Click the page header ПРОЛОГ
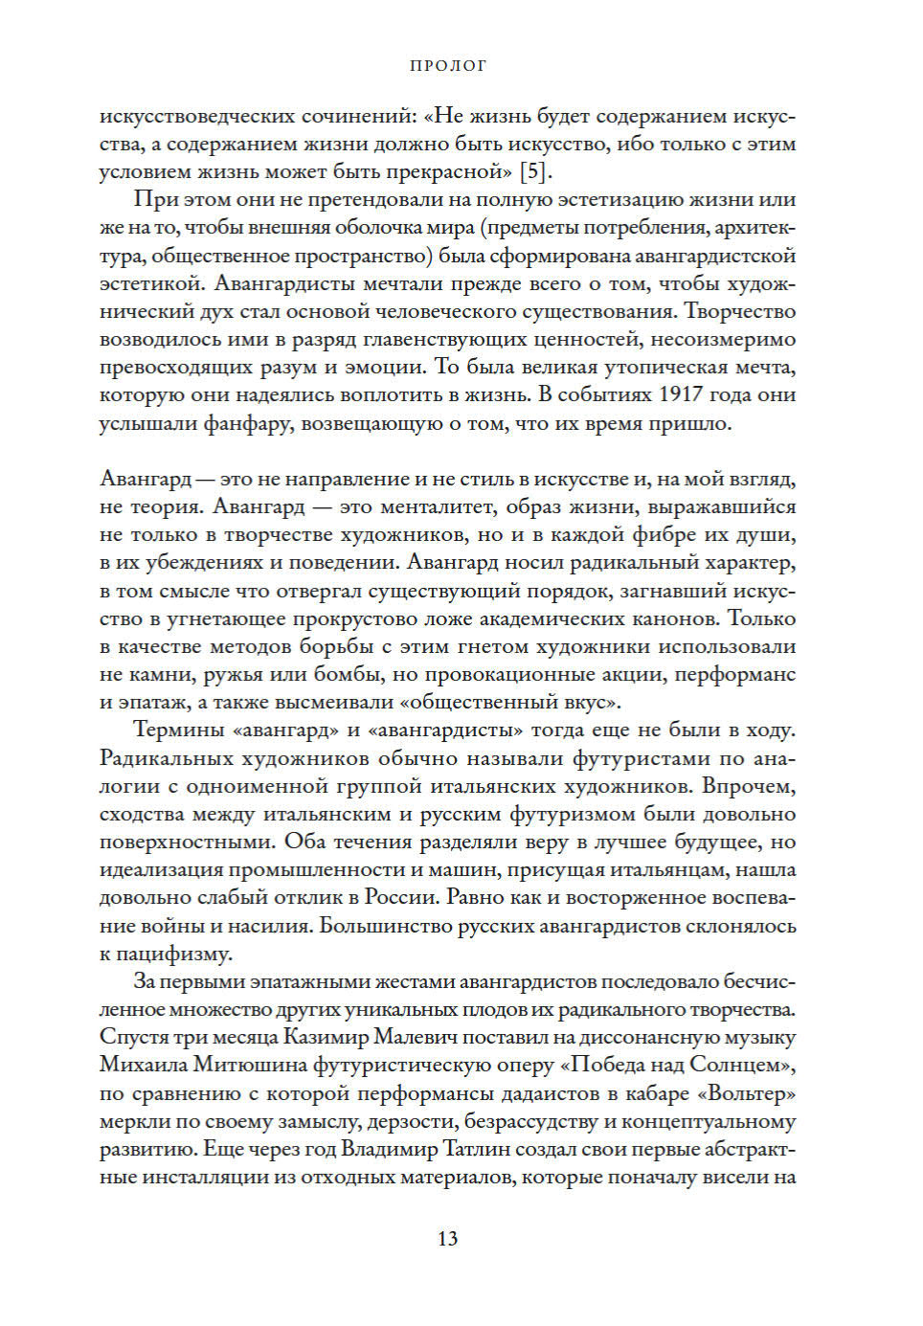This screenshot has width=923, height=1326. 448,66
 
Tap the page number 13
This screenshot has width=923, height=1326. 447,1238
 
